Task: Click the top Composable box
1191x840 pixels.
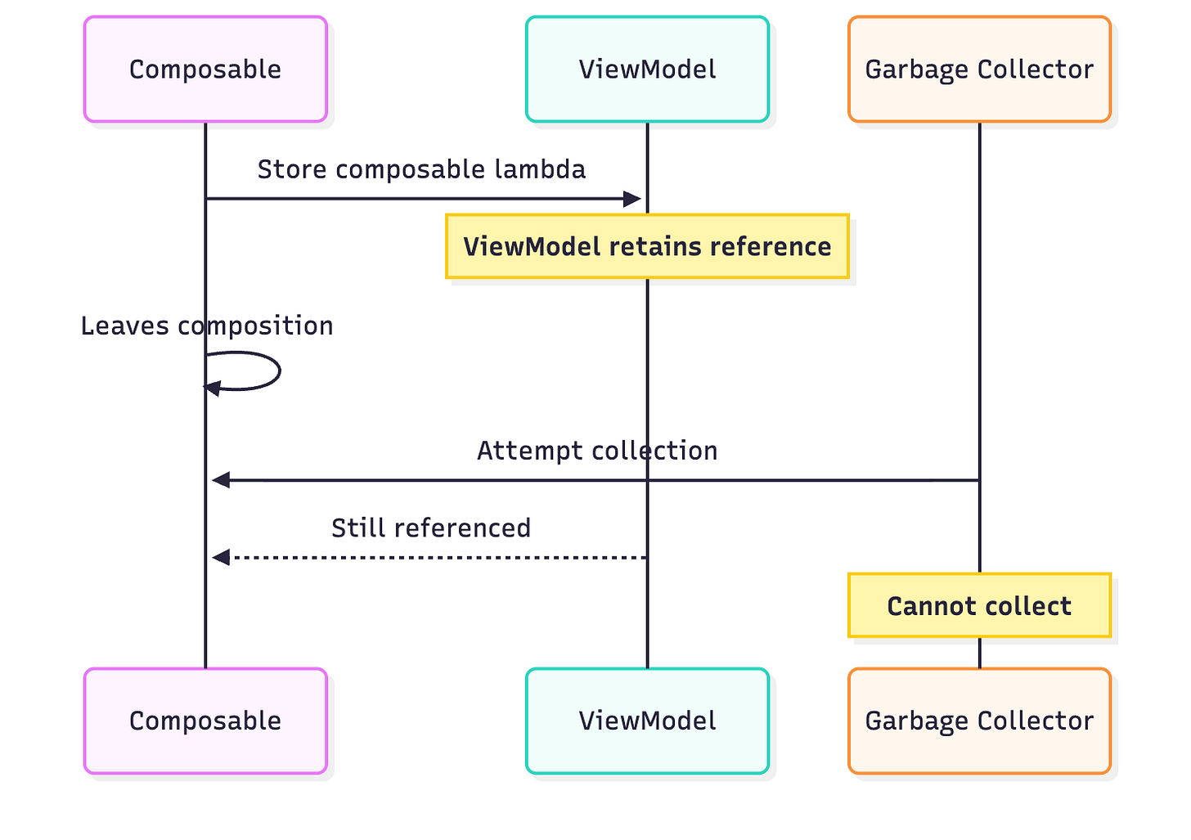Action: (x=205, y=70)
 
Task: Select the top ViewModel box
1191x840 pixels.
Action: (x=647, y=70)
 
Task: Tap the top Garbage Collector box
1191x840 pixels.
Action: (x=979, y=70)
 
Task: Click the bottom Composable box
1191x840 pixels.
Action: (x=205, y=721)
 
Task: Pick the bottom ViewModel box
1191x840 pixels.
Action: (x=647, y=721)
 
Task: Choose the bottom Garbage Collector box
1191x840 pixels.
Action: (x=979, y=721)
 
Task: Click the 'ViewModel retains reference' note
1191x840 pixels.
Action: (x=647, y=246)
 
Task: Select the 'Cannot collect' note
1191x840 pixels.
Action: (x=979, y=606)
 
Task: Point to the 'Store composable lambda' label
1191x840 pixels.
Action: (x=421, y=169)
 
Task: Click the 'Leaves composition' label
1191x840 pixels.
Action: (x=207, y=326)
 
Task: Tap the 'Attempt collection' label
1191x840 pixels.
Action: (x=597, y=451)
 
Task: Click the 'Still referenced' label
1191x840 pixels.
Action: (x=431, y=528)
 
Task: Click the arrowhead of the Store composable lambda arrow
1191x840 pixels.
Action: (x=632, y=199)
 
